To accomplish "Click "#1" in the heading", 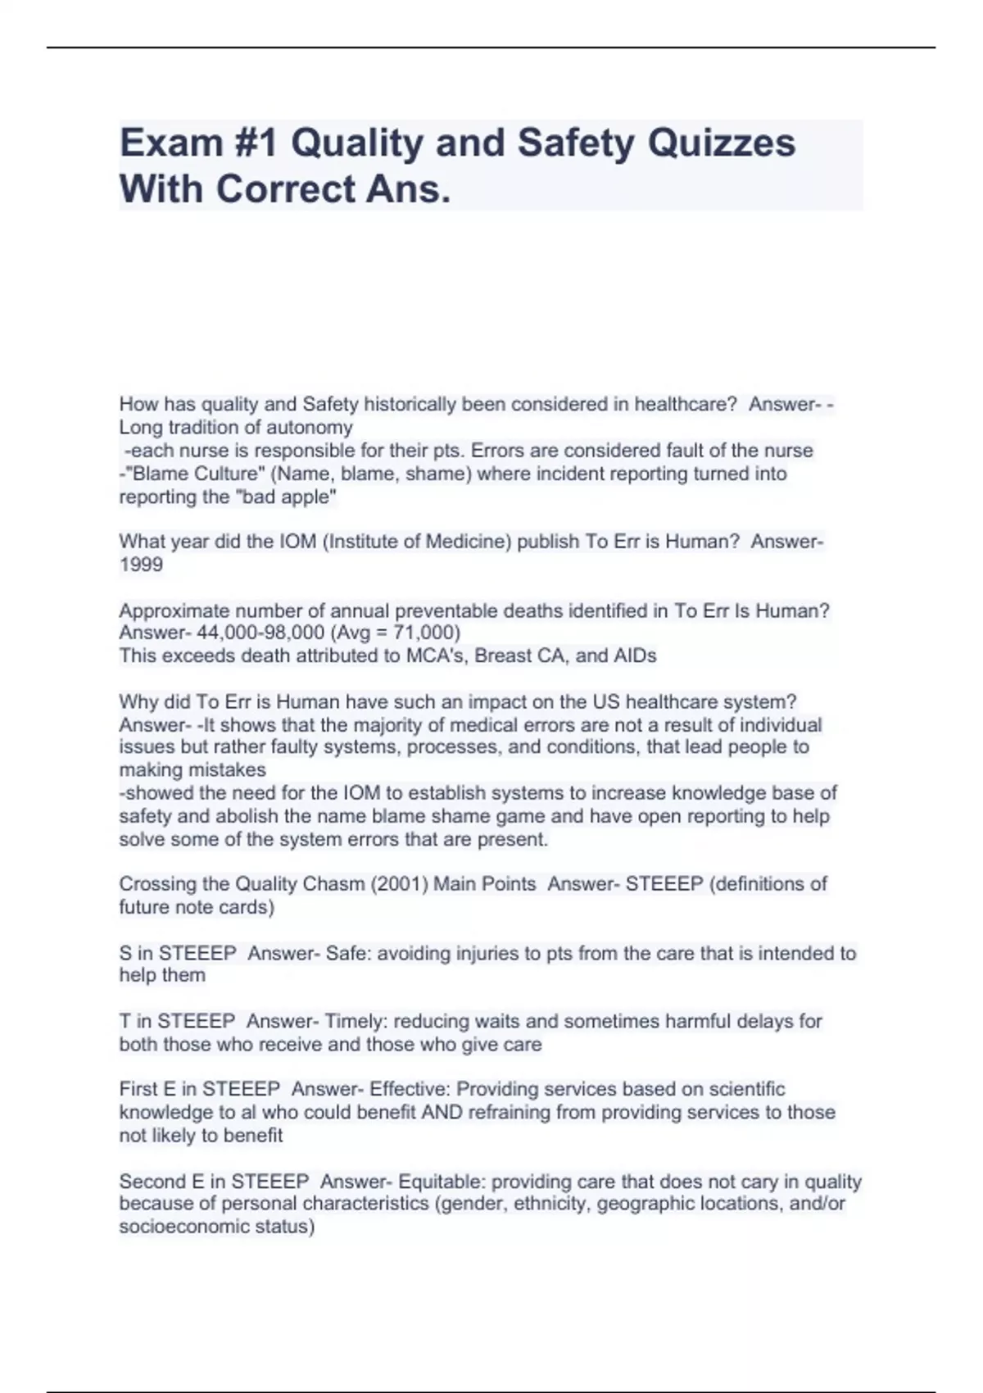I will pyautogui.click(x=247, y=144).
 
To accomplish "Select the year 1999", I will pyautogui.click(x=141, y=565).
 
